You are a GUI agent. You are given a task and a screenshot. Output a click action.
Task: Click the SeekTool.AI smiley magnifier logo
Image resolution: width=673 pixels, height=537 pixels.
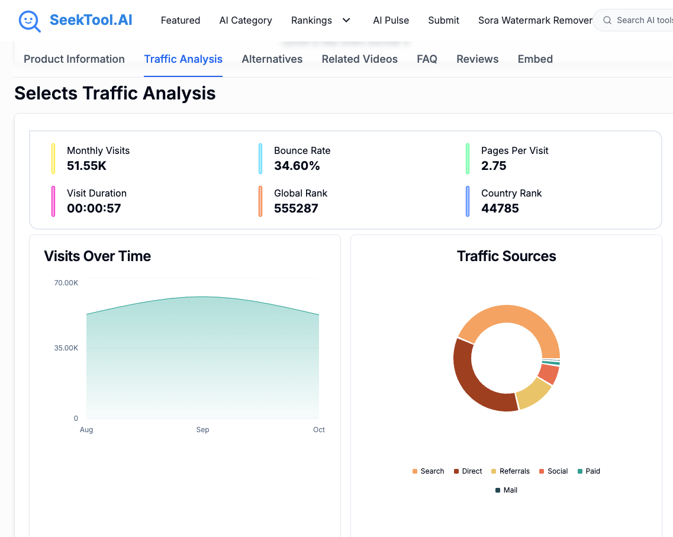coord(30,21)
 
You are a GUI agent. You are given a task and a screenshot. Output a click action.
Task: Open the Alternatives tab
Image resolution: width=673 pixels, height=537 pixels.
coord(272,59)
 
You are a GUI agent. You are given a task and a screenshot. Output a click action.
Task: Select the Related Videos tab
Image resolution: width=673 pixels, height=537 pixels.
coord(359,59)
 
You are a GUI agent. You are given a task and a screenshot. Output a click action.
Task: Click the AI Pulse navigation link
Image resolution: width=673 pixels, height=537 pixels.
coord(391,20)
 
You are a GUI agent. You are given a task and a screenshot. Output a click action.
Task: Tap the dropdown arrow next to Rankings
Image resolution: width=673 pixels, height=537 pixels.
coord(346,20)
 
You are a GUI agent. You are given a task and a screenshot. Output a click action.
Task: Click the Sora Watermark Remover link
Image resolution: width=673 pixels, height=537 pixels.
coord(534,20)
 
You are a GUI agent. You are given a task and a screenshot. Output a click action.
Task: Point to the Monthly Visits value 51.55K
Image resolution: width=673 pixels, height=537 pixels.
coord(86,166)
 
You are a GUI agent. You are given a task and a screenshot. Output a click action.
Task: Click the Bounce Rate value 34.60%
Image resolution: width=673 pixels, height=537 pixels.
coord(297,166)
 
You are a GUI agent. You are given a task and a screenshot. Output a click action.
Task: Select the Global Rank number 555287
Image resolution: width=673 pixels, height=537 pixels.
coord(296,208)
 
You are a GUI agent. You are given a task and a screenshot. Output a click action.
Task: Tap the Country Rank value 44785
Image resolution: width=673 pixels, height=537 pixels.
coord(500,208)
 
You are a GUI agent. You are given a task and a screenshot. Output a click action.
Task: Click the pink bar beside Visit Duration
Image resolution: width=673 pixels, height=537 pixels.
coord(53,201)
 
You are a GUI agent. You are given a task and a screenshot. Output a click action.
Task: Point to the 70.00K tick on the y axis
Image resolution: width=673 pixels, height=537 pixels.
coord(66,283)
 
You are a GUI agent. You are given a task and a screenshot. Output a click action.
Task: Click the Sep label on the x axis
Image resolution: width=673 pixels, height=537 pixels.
coord(202,430)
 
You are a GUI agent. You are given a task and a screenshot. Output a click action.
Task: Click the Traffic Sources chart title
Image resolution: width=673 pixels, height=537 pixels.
coord(506,256)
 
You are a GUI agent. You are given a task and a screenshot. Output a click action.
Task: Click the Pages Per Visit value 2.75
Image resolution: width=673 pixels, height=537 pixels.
coord(494,166)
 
